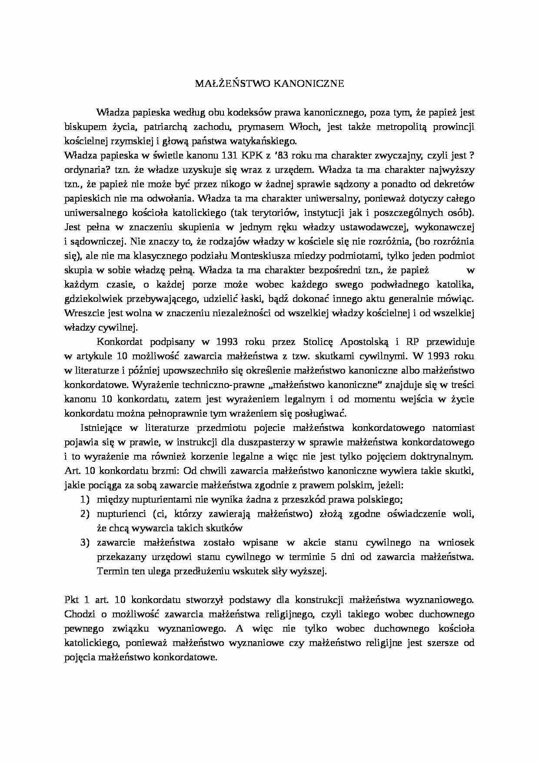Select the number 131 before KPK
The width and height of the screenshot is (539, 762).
click(229, 155)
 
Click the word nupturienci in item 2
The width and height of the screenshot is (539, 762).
click(121, 514)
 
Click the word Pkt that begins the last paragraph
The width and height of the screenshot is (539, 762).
click(71, 600)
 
